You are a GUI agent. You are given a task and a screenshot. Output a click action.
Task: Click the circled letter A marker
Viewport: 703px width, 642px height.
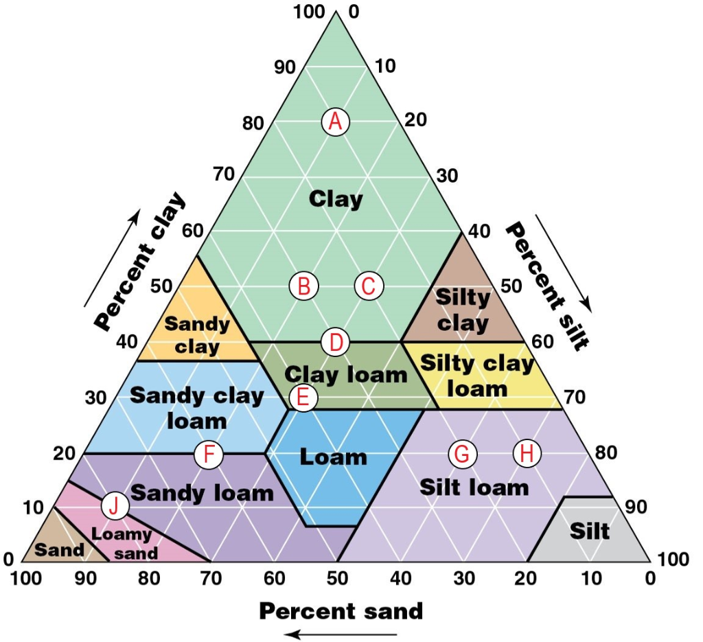tap(336, 122)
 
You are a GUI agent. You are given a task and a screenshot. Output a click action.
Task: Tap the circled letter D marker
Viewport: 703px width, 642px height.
tap(336, 341)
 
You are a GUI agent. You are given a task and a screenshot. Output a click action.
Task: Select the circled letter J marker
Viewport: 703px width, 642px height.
tap(115, 507)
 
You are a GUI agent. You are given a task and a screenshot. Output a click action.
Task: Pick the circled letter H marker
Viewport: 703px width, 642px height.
tap(527, 453)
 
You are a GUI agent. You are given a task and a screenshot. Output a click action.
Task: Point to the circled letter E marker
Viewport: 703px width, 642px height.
tap(303, 397)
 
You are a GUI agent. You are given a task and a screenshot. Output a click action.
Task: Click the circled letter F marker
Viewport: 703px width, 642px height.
tap(209, 455)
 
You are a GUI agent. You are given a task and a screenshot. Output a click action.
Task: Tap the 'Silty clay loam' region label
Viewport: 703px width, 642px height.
tap(477, 376)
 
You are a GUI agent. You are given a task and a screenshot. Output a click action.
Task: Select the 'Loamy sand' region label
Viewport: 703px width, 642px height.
tap(122, 542)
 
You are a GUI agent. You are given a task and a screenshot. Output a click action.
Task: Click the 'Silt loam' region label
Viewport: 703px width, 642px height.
tap(474, 488)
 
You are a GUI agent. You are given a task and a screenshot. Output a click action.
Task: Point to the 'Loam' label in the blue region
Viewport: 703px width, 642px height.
tap(334, 457)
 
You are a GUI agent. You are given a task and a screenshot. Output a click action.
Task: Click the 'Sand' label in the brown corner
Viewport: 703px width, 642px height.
tap(59, 549)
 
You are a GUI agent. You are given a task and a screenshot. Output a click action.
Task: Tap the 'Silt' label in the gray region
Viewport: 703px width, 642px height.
tap(590, 531)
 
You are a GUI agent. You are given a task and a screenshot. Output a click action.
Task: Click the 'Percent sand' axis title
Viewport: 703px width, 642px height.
tap(341, 610)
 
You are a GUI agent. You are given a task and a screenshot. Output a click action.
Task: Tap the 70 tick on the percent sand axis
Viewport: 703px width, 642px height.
tap(211, 579)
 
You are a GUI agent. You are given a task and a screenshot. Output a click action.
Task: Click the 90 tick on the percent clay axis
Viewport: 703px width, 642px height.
tap(284, 67)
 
